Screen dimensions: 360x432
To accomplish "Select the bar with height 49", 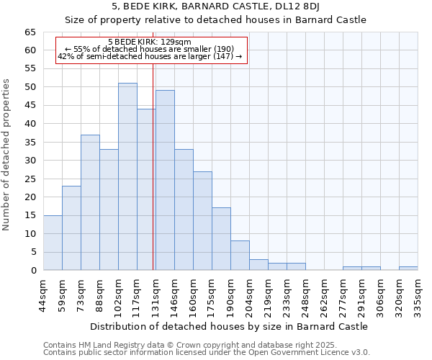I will point(165,180).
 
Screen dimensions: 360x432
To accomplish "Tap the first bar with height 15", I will point(53,243).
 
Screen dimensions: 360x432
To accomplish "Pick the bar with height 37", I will point(90,202).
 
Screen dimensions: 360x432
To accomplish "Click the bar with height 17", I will point(221,239).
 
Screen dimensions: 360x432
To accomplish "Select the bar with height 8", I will point(240,256).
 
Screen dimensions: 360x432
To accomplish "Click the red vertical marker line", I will point(153,166).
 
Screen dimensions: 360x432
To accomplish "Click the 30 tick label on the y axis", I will point(30,161).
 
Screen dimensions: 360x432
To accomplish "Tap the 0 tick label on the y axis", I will point(33,271).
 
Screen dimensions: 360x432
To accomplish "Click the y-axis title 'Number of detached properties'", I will point(6,166).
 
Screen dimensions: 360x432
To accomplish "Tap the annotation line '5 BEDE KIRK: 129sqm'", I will point(149,42).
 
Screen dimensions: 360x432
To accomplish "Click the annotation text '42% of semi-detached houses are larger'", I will point(149,56).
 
